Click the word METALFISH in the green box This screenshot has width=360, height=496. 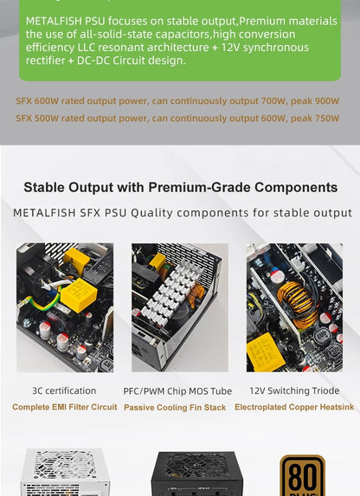tap(54, 21)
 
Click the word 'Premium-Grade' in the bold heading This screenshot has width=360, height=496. tap(200, 187)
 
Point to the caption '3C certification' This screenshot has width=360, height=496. tap(64, 390)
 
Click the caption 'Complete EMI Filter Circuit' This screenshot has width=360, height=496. tap(65, 407)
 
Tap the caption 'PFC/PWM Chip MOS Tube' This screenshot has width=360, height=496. tap(177, 391)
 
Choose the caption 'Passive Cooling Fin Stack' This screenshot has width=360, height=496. tap(175, 408)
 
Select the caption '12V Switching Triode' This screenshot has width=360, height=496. tap(294, 390)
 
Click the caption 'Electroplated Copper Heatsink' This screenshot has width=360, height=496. tap(294, 407)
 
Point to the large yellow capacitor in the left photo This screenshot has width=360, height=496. tap(79, 295)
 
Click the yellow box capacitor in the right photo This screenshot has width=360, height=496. tap(265, 351)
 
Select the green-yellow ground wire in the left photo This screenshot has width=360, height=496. tap(39, 303)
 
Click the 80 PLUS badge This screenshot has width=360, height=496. tap(302, 475)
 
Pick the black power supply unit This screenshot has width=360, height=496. tap(196, 473)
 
